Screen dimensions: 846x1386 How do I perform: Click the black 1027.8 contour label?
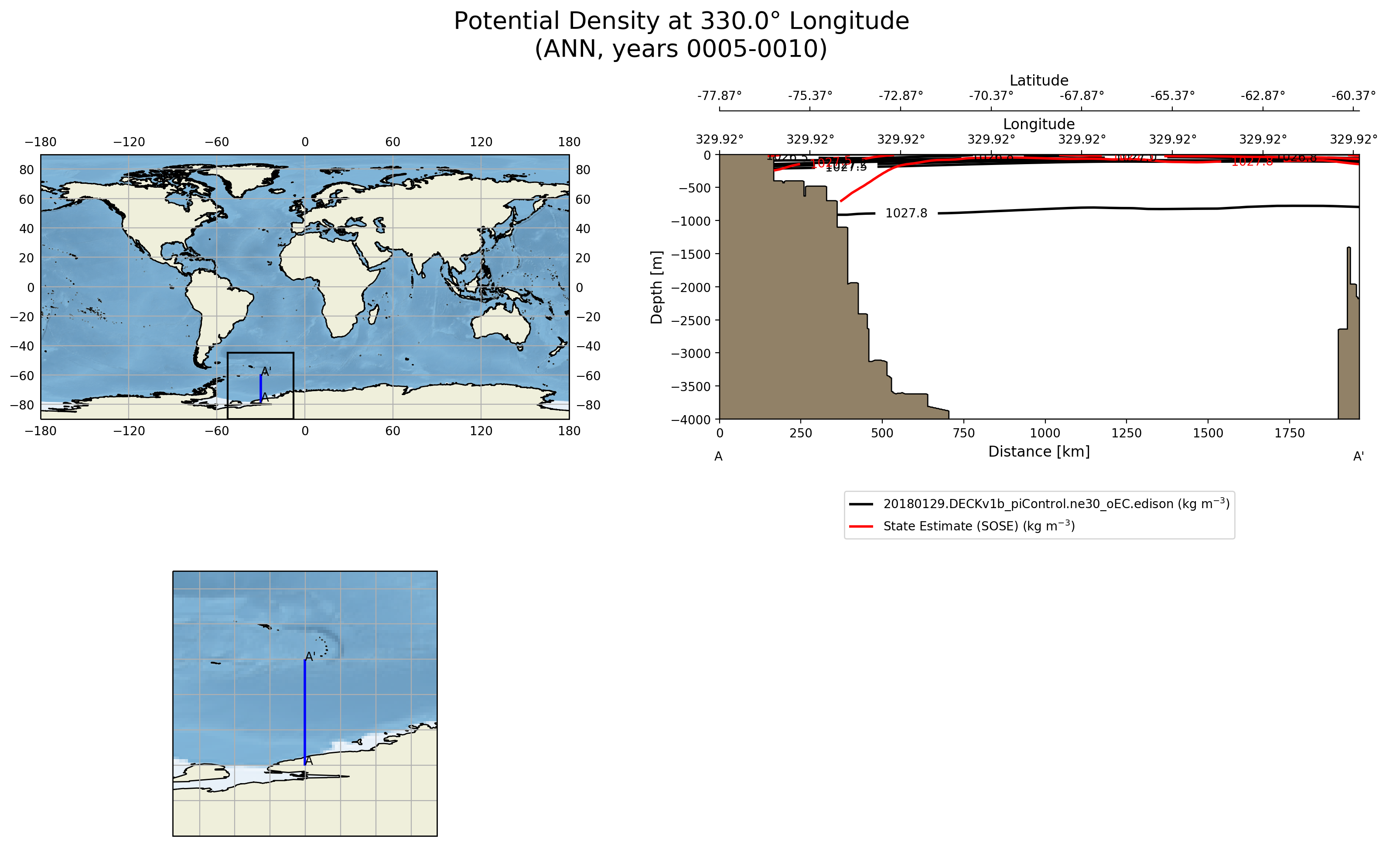(906, 213)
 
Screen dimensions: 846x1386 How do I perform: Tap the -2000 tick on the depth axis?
(692, 287)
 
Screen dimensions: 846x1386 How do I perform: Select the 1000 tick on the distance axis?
(1045, 433)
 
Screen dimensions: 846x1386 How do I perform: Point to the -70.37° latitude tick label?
(991, 96)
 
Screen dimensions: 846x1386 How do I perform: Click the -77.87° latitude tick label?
(720, 96)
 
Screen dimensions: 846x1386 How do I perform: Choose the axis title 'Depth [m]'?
(656, 287)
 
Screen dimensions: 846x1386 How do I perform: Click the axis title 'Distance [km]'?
(1039, 451)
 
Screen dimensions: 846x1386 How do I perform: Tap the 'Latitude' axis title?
(1039, 80)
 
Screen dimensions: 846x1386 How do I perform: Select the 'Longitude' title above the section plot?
(1039, 124)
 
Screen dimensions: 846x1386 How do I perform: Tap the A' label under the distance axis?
(1359, 457)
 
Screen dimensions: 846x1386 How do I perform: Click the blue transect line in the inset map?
(305, 712)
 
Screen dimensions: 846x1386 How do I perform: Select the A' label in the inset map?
(310, 656)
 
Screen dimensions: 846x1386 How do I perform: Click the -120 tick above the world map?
(129, 142)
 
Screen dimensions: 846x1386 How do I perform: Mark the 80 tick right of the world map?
(583, 169)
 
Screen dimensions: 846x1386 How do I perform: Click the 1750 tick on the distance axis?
(1289, 433)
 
